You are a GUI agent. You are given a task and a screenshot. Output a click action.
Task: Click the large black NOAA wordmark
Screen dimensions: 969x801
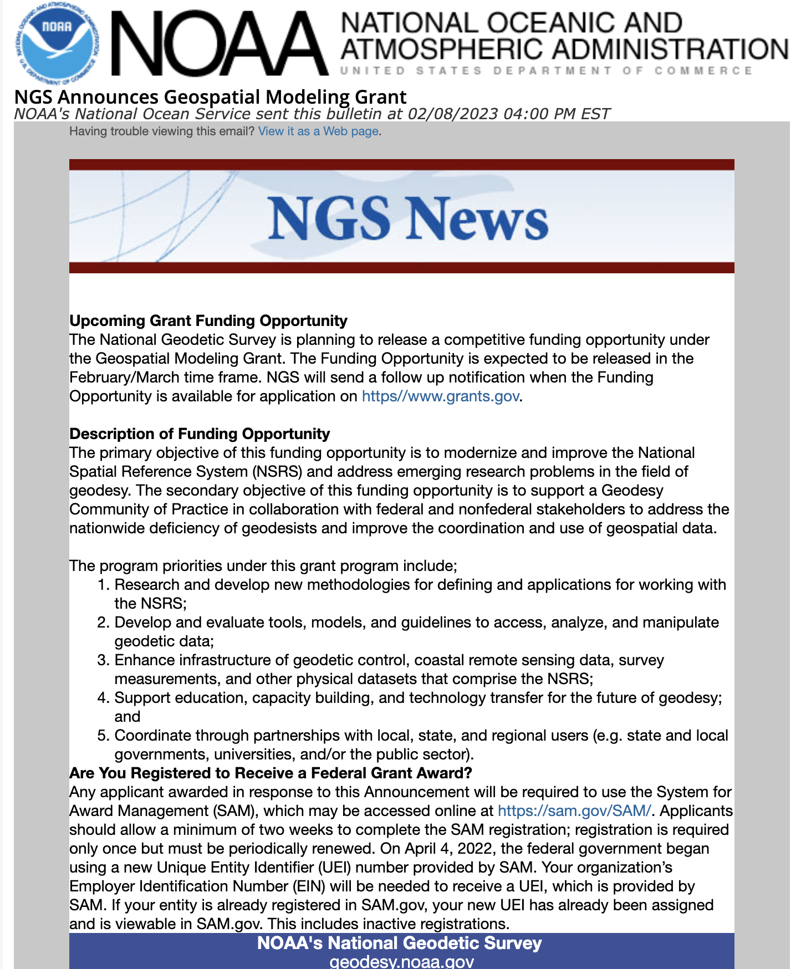tap(220, 43)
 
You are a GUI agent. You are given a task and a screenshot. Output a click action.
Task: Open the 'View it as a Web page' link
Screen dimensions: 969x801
tap(318, 131)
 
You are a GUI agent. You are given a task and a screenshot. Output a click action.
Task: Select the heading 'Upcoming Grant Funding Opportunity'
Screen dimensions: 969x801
tap(208, 321)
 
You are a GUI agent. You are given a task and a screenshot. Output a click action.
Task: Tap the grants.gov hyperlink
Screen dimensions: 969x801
tap(441, 396)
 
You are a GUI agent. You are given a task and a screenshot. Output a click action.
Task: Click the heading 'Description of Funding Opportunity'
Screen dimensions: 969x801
tap(200, 434)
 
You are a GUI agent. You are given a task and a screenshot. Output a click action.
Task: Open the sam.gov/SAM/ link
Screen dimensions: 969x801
tap(574, 811)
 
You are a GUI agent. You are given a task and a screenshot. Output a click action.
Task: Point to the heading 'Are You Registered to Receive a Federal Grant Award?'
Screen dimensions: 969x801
tap(271, 773)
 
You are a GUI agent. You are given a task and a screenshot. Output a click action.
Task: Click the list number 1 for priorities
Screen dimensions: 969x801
tap(103, 585)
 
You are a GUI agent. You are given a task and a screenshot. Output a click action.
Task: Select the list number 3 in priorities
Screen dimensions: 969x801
tap(103, 660)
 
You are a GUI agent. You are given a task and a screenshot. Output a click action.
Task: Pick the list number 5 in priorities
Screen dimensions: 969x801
tap(103, 736)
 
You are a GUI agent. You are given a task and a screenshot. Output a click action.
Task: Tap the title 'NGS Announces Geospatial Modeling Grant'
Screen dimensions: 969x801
tap(210, 97)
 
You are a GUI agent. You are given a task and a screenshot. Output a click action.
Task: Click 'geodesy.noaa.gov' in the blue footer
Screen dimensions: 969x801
tap(401, 962)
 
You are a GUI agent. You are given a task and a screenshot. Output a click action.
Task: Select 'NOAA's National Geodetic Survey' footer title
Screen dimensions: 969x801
tap(399, 943)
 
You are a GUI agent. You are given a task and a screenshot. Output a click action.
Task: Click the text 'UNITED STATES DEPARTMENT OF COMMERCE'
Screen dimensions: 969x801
tap(546, 71)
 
